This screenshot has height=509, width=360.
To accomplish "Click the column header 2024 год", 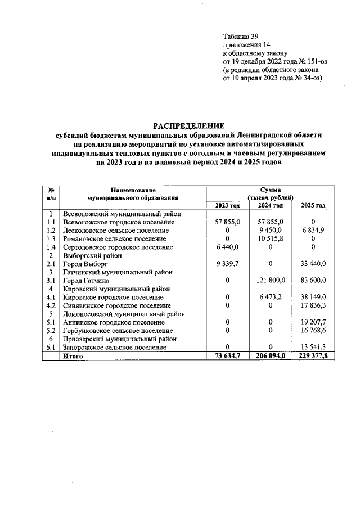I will [x=271, y=205].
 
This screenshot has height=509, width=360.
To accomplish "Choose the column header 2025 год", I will [x=314, y=205].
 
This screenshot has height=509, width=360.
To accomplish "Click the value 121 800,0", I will [x=271, y=280].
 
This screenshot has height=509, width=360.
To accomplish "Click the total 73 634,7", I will [x=227, y=357].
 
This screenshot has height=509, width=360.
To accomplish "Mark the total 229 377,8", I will [x=314, y=357].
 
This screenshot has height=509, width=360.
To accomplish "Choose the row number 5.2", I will [x=51, y=331].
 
